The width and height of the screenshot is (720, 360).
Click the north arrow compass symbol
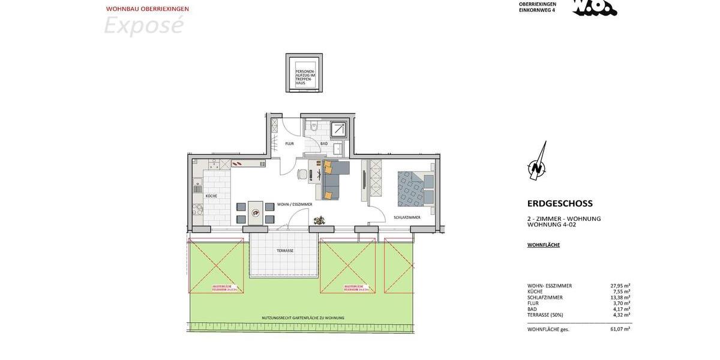[x=537, y=162]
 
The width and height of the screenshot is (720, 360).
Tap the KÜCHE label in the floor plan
[x=211, y=196]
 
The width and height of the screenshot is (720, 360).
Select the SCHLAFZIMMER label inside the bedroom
[x=407, y=217]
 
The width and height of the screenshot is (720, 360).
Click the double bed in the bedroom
[x=416, y=189]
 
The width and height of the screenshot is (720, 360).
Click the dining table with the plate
[x=255, y=212]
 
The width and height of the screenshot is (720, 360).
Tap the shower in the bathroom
[x=340, y=129]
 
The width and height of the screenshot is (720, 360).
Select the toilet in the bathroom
[x=314, y=127]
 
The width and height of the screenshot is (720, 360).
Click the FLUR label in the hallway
[x=289, y=144]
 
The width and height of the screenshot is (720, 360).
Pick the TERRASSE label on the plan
[x=285, y=250]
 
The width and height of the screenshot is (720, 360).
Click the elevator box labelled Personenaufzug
[x=304, y=73]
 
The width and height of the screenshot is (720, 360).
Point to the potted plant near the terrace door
[x=320, y=220]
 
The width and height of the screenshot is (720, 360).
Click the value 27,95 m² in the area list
[x=619, y=286]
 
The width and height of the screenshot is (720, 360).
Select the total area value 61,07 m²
[x=619, y=329]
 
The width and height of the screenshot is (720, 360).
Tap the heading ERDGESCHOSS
[x=560, y=203]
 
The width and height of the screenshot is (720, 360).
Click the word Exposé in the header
[x=143, y=26]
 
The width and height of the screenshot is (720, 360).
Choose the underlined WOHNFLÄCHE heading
[x=544, y=245]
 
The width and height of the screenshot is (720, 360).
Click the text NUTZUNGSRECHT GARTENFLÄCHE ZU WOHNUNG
[x=303, y=318]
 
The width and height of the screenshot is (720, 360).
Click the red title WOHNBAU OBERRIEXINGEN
[x=148, y=9]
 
